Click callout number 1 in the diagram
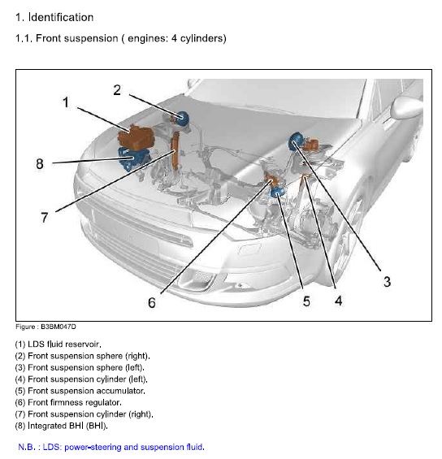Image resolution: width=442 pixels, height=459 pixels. (x=66, y=102)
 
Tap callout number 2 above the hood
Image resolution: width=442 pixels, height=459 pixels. (x=117, y=90)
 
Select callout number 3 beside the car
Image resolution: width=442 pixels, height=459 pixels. (x=387, y=282)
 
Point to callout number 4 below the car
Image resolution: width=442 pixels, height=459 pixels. (x=338, y=301)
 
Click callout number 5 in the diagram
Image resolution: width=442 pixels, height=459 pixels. (x=306, y=301)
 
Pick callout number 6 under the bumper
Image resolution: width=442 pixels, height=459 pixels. (x=151, y=303)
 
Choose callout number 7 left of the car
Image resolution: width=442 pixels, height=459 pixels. (x=45, y=217)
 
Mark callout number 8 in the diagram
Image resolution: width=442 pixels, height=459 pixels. (x=39, y=163)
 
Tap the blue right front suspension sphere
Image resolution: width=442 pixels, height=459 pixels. (x=183, y=119)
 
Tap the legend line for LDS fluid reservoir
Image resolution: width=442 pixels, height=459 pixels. (x=58, y=344)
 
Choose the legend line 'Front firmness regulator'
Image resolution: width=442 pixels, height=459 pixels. (x=68, y=402)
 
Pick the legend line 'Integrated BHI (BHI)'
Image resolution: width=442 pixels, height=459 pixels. (x=61, y=425)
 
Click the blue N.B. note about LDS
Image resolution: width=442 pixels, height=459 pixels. (x=111, y=447)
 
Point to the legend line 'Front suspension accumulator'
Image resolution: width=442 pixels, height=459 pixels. (x=76, y=391)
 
